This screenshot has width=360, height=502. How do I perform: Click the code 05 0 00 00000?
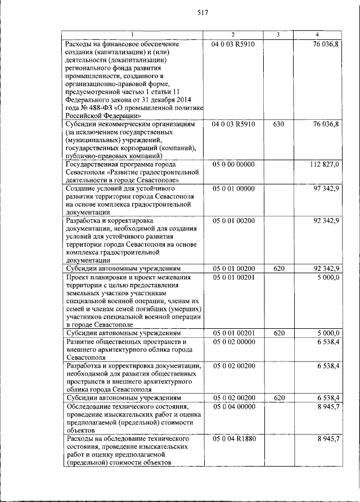(x=233, y=164)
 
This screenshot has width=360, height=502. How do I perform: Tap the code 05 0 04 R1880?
(x=235, y=438)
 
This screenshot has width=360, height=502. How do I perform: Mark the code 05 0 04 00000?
(x=233, y=406)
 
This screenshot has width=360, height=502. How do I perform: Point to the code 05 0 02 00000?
(x=233, y=341)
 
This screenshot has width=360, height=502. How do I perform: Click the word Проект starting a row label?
(x=78, y=278)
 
